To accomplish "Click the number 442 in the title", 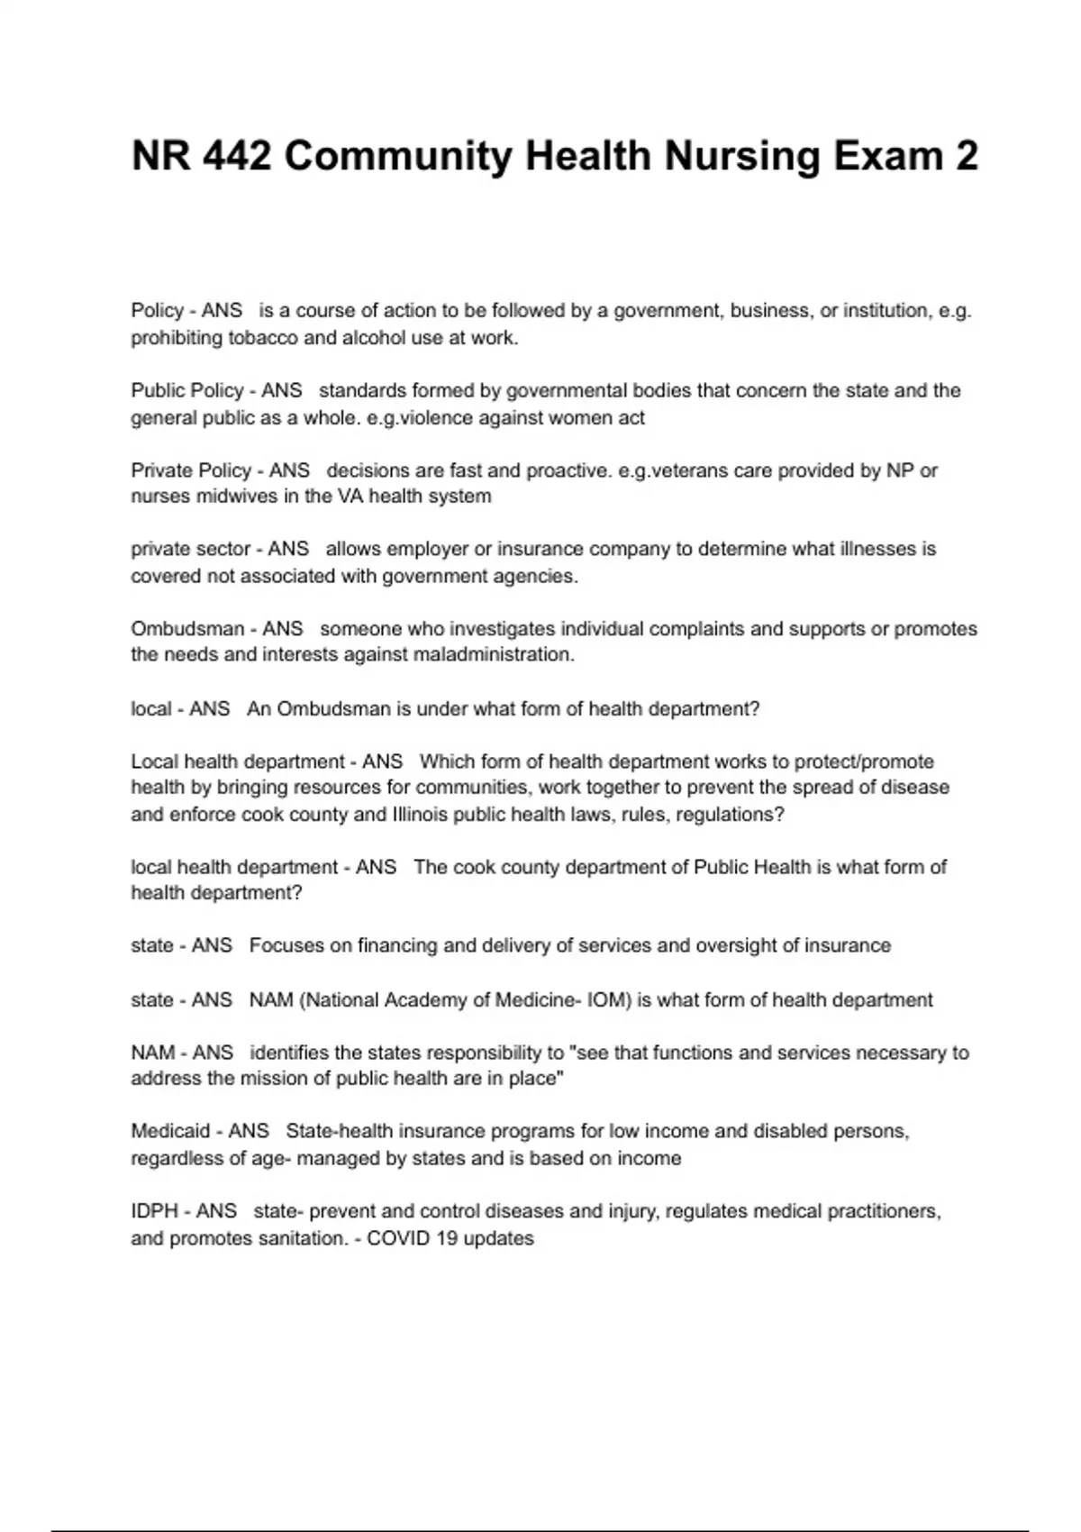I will [x=237, y=156].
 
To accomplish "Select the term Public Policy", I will [x=187, y=390].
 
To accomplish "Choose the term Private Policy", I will [x=191, y=470].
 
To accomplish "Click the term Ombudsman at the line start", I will [x=187, y=628].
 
